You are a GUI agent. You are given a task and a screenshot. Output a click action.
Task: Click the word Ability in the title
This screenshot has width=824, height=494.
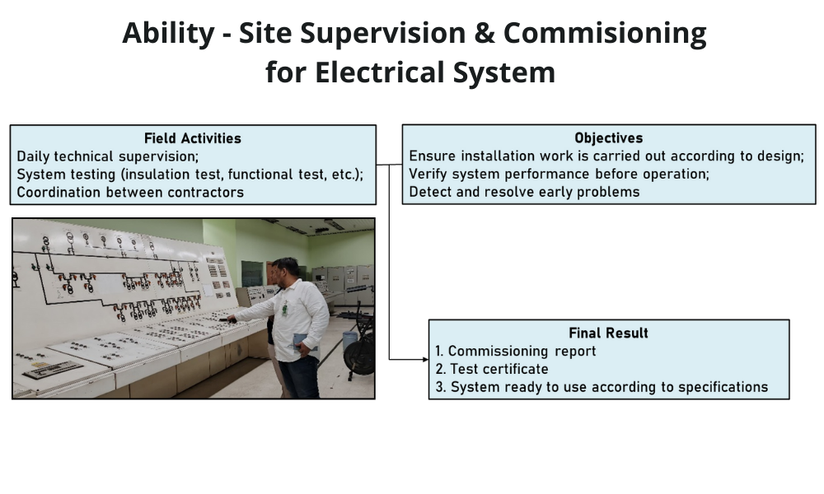[x=168, y=33]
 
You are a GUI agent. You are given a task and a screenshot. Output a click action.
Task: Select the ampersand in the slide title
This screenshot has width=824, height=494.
[x=485, y=33]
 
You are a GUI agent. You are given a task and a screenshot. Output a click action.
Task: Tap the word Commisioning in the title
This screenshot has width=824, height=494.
[x=605, y=33]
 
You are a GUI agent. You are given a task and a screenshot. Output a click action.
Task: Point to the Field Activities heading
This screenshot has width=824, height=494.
[x=193, y=138]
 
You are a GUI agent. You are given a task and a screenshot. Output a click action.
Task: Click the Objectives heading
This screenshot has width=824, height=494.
[x=609, y=137]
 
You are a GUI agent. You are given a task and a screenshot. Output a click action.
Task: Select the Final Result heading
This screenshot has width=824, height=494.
[x=609, y=333]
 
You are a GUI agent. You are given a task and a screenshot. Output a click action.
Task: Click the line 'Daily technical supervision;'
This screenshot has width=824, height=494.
[x=108, y=156]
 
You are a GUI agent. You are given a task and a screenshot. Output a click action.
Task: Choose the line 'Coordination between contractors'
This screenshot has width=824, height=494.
[x=130, y=192]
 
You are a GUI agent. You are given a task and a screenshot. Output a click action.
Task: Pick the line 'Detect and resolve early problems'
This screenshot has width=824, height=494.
[x=524, y=192]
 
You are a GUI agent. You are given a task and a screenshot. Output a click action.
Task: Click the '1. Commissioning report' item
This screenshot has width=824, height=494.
[x=516, y=352]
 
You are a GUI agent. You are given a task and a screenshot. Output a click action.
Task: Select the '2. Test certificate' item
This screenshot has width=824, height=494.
[x=492, y=369]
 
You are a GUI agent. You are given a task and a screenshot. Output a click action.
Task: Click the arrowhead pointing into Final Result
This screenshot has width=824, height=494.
[x=425, y=360]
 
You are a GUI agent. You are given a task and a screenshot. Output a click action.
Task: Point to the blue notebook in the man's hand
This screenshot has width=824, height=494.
[x=306, y=341]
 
